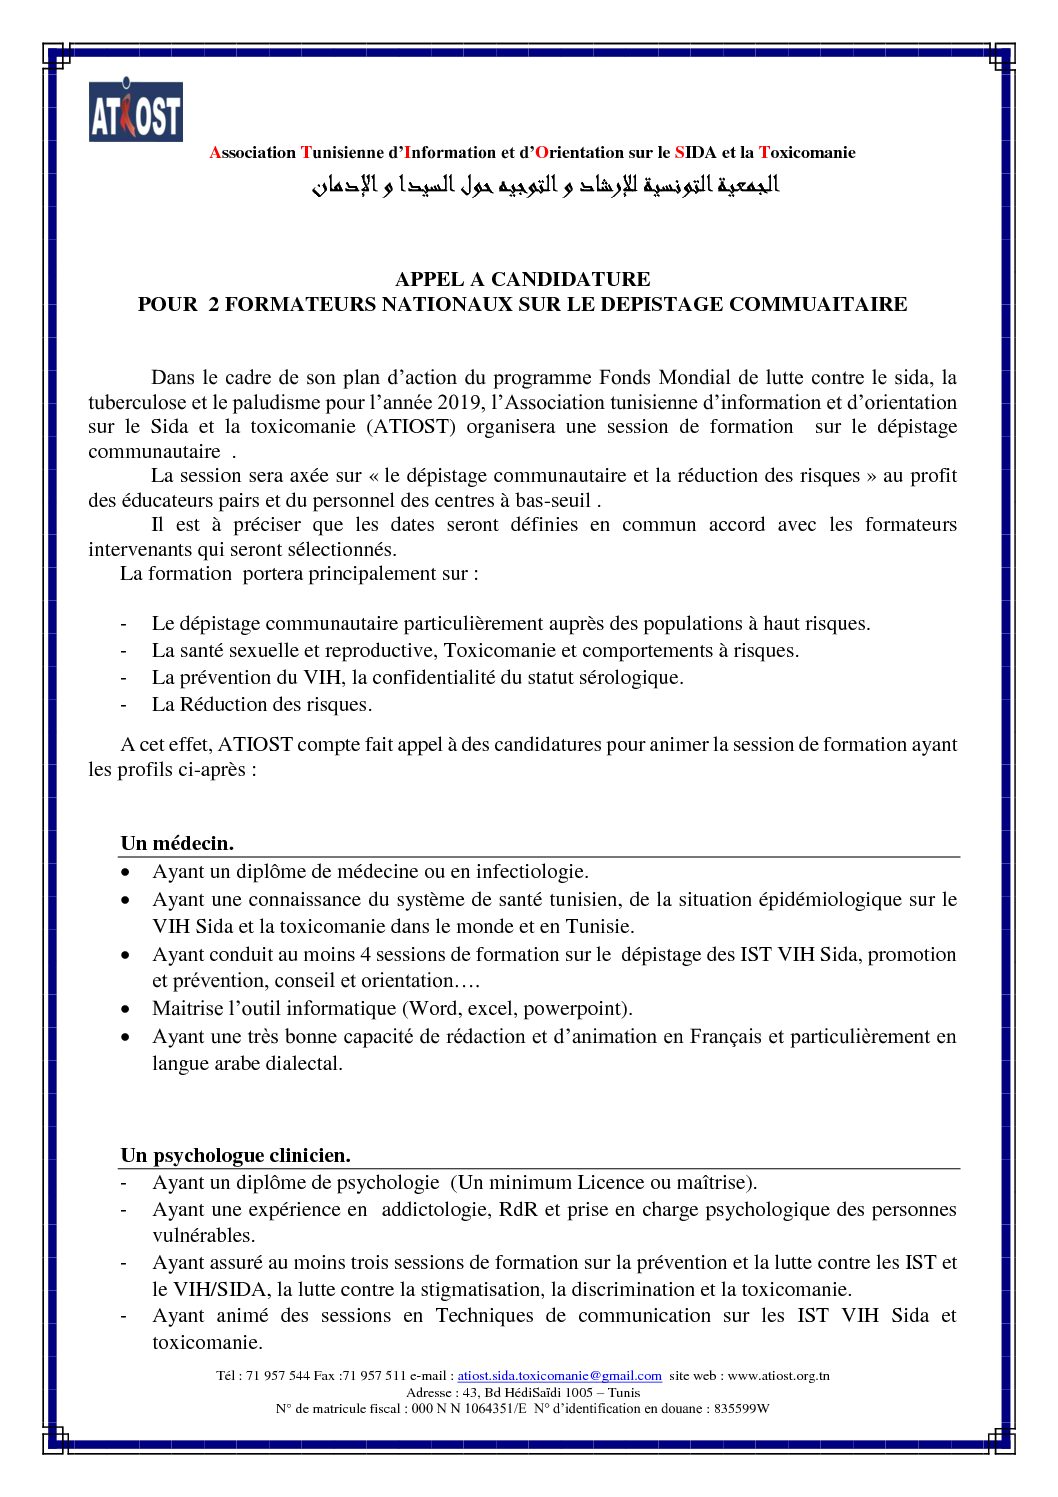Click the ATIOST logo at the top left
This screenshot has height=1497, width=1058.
pos(136,110)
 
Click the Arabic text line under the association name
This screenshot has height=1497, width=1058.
pos(545,186)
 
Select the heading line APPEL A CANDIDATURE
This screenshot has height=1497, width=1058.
pos(522,279)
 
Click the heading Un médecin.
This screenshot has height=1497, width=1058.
pos(177,844)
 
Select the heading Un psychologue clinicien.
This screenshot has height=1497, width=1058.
pos(236,1155)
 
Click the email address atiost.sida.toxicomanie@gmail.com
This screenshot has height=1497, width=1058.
pos(559,1376)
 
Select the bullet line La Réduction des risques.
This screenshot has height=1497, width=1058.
pos(262,704)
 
